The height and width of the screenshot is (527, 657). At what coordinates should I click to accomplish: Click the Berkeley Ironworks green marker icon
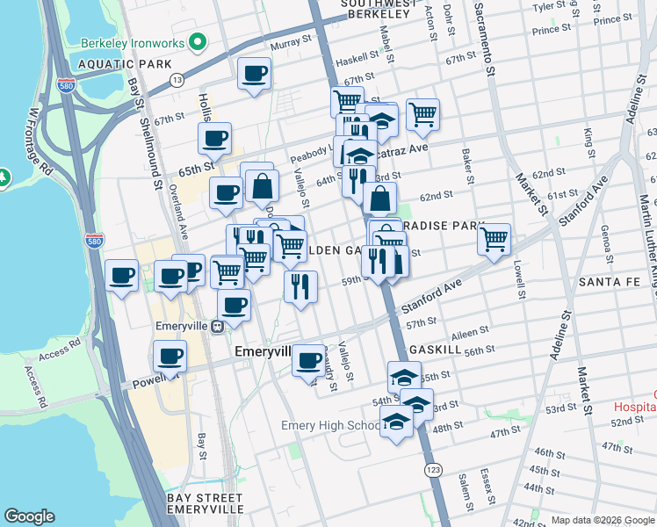[x=199, y=40]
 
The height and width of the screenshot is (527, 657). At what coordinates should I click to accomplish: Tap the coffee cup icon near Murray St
[x=254, y=74]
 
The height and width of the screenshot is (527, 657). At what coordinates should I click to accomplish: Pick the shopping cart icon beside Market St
[x=495, y=238]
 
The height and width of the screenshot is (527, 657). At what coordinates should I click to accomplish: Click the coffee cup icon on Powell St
[x=169, y=357]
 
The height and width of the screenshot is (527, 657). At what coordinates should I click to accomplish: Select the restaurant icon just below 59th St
[x=300, y=285]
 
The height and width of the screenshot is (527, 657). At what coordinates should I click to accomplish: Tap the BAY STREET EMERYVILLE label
[x=205, y=503]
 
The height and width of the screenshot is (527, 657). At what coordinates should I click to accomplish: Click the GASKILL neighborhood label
[x=458, y=349]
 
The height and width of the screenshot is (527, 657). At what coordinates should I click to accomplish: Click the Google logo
[x=29, y=516]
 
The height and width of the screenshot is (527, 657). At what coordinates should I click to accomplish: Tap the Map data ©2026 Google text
[x=603, y=520]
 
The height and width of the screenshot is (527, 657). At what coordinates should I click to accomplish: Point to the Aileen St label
[x=470, y=333]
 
